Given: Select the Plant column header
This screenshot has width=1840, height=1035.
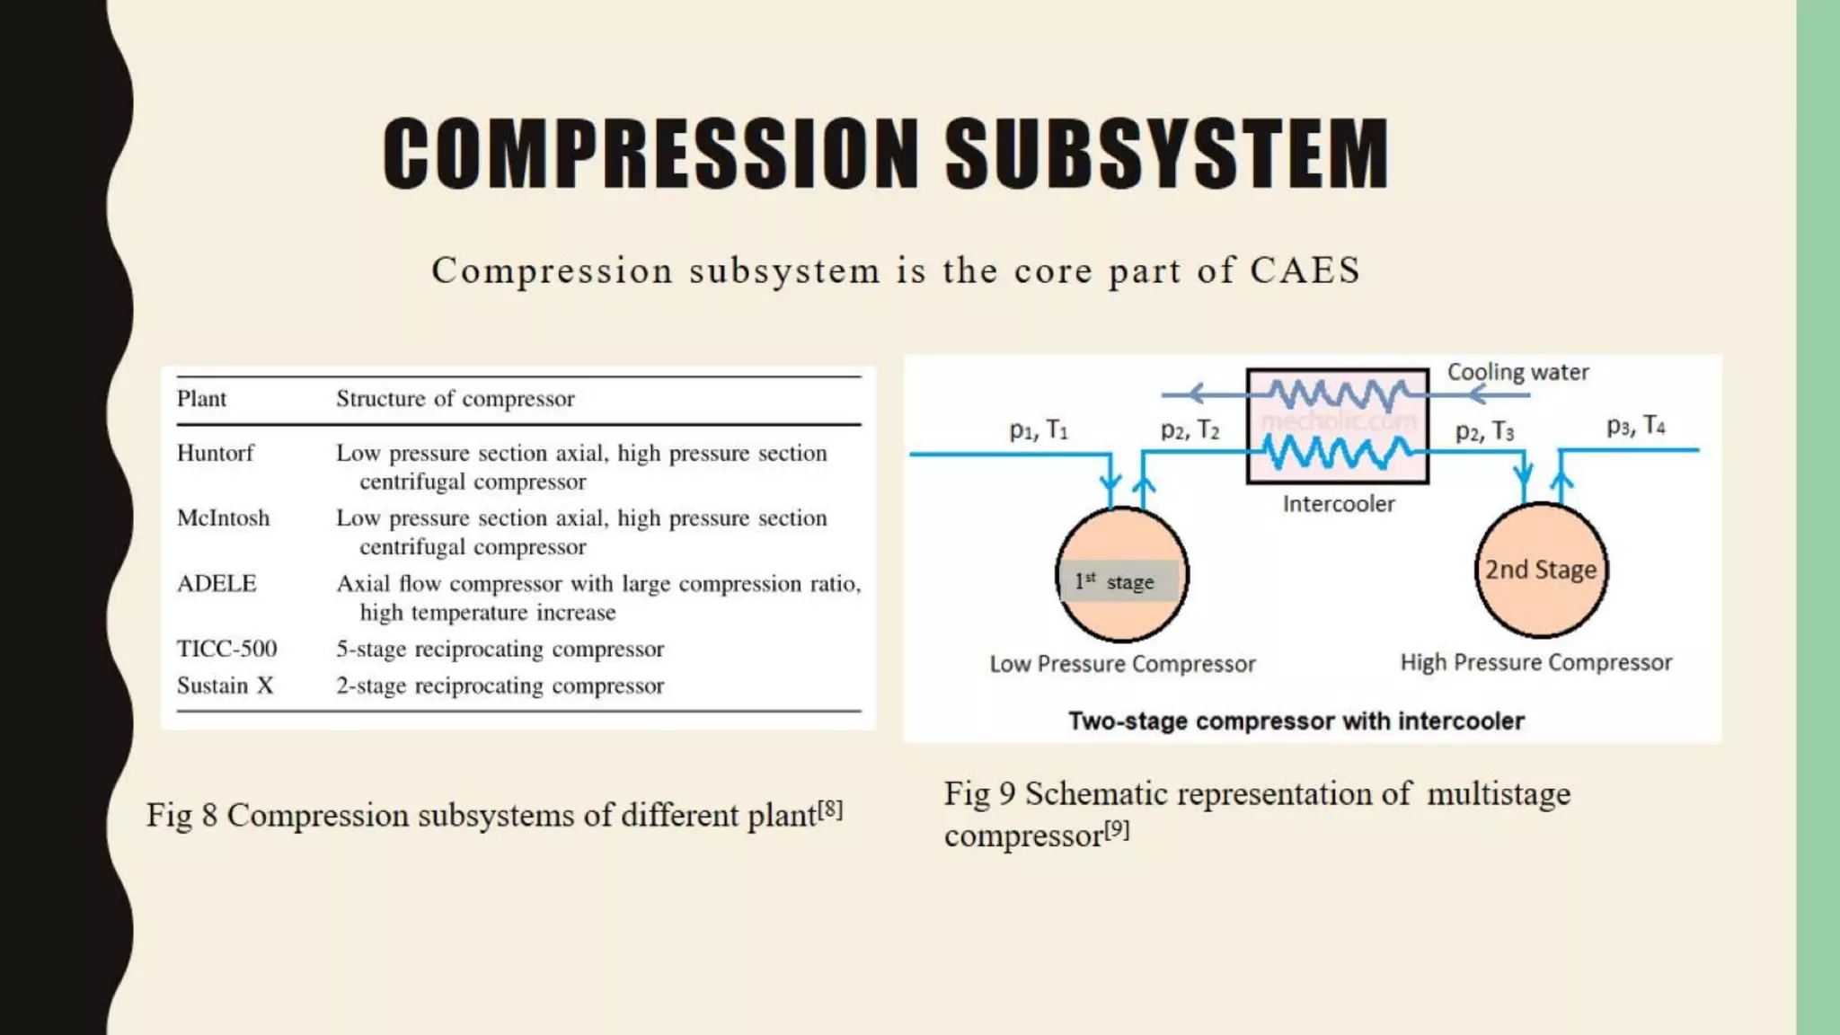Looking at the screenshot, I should point(201,399).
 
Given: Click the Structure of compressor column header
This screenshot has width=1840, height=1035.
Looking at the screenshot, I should point(455,399).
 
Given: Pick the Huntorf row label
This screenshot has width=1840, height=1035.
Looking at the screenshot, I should point(216,453).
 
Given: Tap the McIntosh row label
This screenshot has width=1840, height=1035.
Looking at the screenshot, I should point(223,518).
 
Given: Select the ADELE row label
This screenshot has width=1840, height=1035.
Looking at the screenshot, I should point(217,584).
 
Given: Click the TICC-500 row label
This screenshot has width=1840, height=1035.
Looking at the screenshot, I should point(226,649).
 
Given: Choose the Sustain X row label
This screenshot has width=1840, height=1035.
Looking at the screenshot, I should point(225,686).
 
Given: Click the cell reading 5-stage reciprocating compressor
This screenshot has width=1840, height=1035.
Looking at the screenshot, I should point(500,649).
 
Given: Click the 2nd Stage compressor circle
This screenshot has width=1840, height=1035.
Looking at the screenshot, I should point(1541,570).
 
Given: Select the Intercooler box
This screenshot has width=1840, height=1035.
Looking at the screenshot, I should point(1337,426).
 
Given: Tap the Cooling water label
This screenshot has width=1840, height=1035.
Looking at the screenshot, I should point(1517,372).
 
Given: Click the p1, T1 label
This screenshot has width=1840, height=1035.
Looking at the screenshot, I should point(1039,430).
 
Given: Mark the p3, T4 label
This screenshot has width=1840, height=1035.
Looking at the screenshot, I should point(1635,426).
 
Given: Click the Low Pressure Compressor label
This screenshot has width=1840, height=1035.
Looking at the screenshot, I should point(1122,664).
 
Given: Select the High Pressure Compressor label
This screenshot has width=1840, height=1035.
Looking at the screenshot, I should point(1535,662).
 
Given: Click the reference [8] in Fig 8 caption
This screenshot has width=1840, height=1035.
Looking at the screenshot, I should point(830,809).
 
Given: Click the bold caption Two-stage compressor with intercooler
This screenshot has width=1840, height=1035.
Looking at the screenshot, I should point(1296,721).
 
